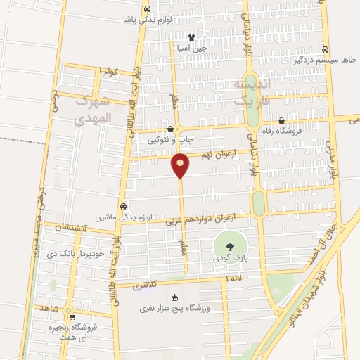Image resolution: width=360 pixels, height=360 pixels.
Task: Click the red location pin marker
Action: point(180,166)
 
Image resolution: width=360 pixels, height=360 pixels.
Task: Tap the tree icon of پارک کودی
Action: point(230,246)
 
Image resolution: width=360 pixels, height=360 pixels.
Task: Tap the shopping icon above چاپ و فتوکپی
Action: point(172,129)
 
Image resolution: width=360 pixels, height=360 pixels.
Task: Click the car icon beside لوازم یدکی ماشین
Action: point(123,207)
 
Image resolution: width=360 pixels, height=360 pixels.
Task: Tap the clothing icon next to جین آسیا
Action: point(192,37)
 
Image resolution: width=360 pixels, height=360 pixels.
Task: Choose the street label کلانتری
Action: point(146,285)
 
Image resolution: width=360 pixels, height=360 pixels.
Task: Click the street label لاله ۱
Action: point(235,280)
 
